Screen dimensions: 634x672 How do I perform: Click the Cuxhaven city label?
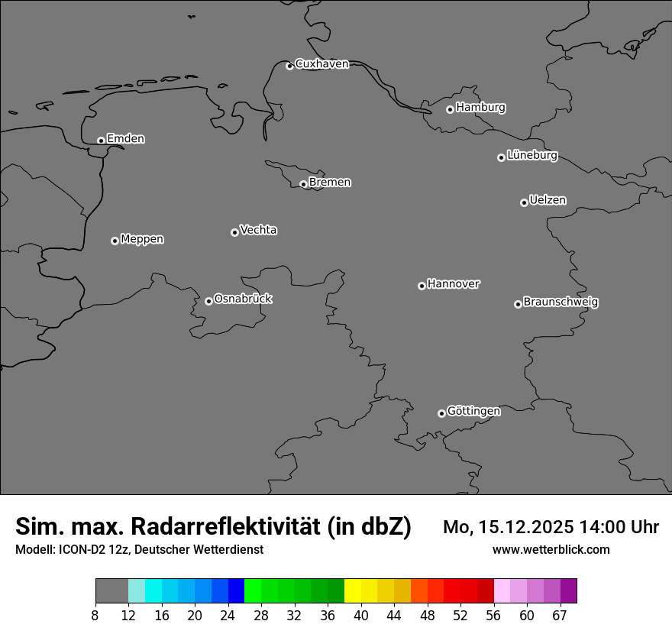[321, 64]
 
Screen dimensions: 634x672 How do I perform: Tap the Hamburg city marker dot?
[450, 109]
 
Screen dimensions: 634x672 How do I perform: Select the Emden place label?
[125, 139]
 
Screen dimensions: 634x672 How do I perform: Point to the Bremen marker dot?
[303, 184]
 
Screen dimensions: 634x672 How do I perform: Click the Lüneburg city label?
[531, 156]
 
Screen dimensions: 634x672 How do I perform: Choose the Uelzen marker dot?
[524, 202]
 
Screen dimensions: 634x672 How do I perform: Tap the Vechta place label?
[258, 230]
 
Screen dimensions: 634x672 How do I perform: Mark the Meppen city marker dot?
[115, 241]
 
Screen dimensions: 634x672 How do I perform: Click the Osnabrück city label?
[243, 299]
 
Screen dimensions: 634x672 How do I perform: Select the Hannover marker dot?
[422, 286]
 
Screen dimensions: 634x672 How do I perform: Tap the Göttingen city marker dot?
[441, 413]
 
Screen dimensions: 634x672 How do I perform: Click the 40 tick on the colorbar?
[361, 616]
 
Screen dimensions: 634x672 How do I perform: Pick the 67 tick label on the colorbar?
[561, 616]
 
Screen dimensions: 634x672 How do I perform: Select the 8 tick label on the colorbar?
[95, 616]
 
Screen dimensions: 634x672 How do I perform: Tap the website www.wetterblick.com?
[551, 550]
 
